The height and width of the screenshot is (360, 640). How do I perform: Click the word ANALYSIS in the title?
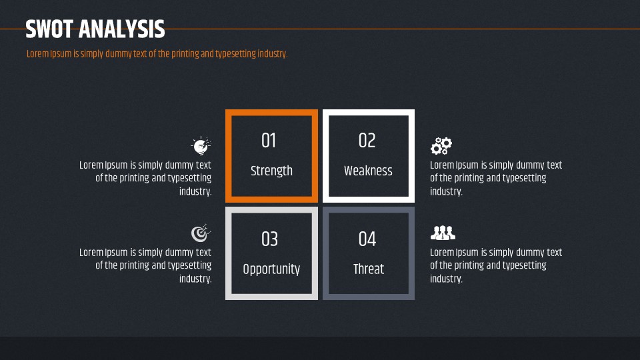click(x=121, y=29)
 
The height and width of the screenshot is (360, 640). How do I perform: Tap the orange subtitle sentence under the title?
click(x=157, y=54)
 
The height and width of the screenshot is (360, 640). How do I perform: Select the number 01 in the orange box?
click(x=269, y=141)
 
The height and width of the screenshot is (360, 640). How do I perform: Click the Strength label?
click(x=271, y=171)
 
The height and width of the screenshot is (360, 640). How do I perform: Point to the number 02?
click(x=367, y=141)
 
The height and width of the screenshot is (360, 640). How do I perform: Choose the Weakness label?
click(x=368, y=171)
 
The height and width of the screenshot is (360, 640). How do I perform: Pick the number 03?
click(x=269, y=239)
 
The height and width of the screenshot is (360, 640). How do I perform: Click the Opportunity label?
click(x=271, y=269)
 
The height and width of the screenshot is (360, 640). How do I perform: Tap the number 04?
click(x=367, y=239)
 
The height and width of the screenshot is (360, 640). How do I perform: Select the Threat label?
click(x=369, y=269)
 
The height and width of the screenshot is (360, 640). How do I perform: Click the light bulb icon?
click(x=201, y=145)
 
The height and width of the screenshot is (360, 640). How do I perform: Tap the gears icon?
click(x=441, y=146)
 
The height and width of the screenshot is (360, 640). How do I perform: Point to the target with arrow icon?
click(x=201, y=233)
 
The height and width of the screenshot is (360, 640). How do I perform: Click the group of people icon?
click(x=443, y=233)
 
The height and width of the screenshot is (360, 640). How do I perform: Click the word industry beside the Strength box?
click(x=195, y=191)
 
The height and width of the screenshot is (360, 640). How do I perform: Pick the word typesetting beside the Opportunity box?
click(x=189, y=266)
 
